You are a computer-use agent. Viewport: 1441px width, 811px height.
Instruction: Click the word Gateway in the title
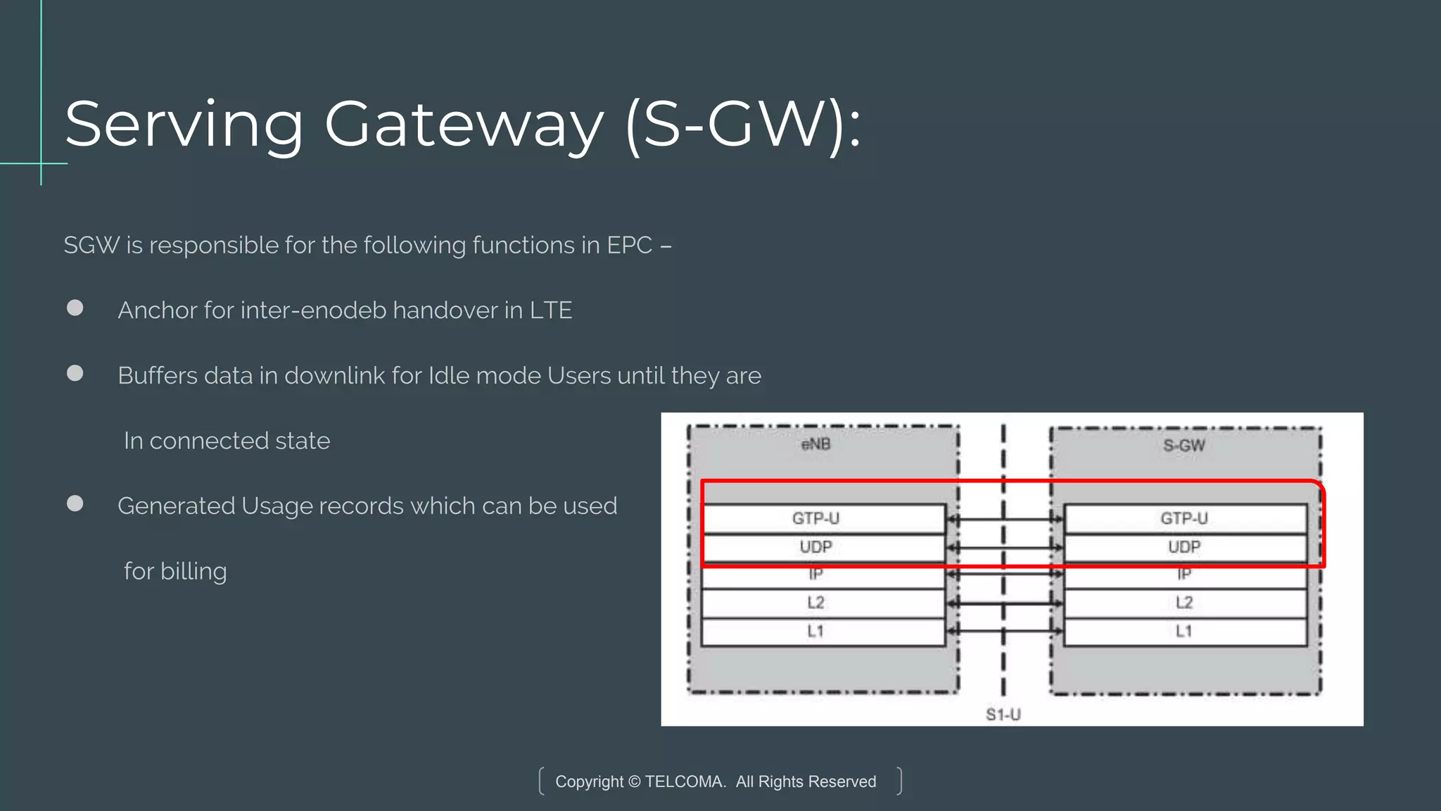click(x=464, y=125)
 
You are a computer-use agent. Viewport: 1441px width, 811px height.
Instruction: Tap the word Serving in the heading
click(x=184, y=125)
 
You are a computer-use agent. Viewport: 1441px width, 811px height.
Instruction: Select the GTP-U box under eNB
click(x=823, y=518)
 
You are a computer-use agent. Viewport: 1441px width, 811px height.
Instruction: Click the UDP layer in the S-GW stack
click(x=1184, y=547)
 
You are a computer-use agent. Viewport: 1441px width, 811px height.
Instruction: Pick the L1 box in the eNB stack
click(x=823, y=631)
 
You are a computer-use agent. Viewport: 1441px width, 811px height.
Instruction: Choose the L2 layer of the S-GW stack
click(x=1184, y=603)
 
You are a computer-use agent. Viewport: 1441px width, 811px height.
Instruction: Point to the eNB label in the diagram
click(x=816, y=444)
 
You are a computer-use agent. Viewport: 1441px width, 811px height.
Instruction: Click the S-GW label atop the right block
click(x=1184, y=445)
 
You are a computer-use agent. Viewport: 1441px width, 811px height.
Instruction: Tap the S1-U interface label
click(x=1003, y=715)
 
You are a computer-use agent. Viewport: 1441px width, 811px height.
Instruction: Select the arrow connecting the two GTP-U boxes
click(x=1005, y=519)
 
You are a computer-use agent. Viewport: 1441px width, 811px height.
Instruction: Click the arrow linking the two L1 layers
click(x=1005, y=631)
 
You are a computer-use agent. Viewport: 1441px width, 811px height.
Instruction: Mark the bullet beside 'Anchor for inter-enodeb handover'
click(x=75, y=308)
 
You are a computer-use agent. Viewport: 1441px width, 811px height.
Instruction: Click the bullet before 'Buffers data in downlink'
click(x=75, y=373)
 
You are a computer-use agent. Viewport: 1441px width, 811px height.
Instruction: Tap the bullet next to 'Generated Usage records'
click(x=75, y=503)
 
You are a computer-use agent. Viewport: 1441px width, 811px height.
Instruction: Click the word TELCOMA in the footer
click(x=685, y=781)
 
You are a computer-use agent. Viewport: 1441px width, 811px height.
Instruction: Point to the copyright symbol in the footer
click(x=634, y=781)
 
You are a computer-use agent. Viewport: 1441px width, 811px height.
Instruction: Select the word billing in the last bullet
click(x=193, y=571)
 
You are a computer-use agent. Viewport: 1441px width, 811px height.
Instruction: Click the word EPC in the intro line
click(x=630, y=245)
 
